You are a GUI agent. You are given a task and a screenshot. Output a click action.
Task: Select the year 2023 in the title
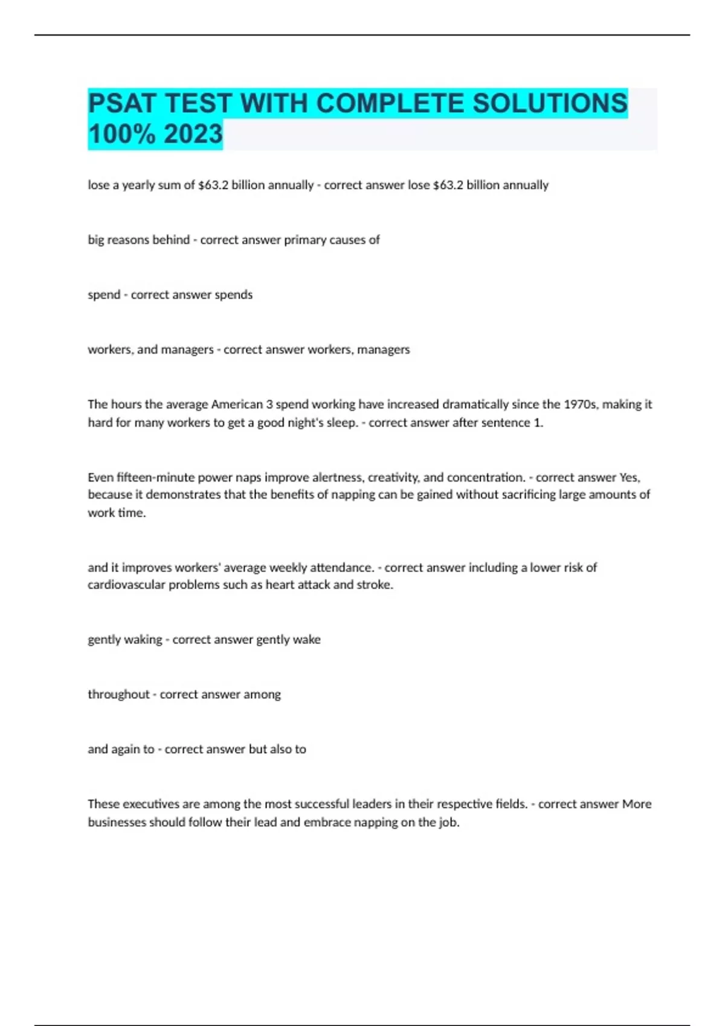pyautogui.click(x=193, y=133)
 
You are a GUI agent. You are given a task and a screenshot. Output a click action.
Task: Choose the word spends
pyautogui.click(x=234, y=295)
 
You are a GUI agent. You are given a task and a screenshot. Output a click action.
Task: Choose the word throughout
pyautogui.click(x=118, y=695)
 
